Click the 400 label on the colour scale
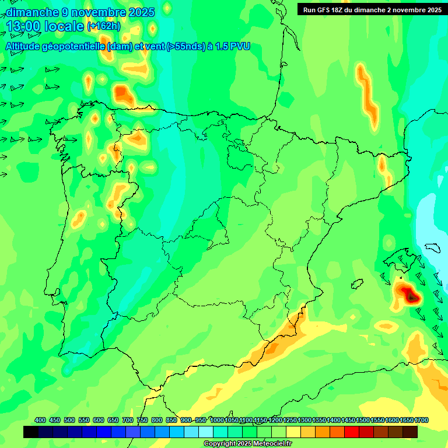(x=40, y=421)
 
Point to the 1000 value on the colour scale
(x=217, y=421)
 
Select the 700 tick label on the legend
(x=127, y=421)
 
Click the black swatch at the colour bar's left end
(x=31, y=432)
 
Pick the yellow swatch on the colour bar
(x=293, y=432)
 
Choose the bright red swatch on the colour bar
(x=352, y=432)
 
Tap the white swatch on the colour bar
(x=206, y=432)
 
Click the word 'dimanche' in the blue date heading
(x=33, y=12)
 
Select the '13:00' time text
(x=23, y=26)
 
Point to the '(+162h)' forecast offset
(x=104, y=26)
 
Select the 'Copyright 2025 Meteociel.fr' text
(x=247, y=444)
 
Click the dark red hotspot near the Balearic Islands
(x=412, y=296)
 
